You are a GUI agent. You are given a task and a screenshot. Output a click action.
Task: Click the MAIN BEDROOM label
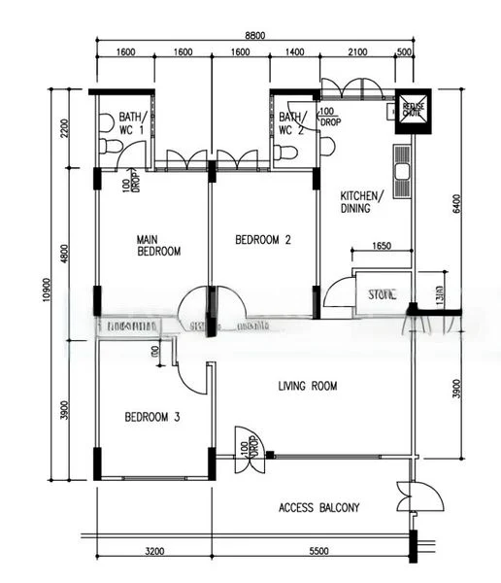(x=158, y=244)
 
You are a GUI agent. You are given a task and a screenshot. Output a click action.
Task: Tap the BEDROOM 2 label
(x=263, y=239)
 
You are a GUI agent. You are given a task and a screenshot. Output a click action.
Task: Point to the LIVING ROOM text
(x=307, y=386)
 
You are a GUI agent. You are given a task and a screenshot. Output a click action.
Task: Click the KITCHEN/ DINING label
(x=361, y=201)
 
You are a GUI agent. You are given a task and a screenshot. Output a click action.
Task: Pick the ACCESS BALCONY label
(x=318, y=507)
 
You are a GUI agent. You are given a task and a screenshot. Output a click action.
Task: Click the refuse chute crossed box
(x=412, y=108)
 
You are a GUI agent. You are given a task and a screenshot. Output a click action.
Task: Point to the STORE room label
(x=381, y=292)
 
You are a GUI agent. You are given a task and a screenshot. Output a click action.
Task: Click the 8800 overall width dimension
(x=254, y=36)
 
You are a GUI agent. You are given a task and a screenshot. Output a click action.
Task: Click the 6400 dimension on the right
(x=456, y=205)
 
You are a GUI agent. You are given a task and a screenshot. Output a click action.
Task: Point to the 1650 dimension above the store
(x=381, y=247)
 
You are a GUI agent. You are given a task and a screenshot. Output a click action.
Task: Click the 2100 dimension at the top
(x=356, y=53)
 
